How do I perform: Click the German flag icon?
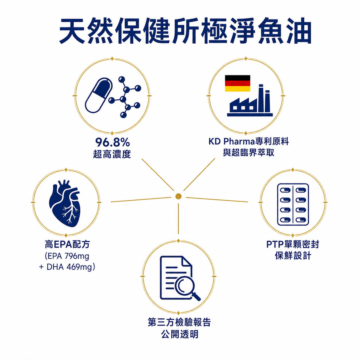click(x=237, y=83)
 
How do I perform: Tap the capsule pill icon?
click(x=99, y=96)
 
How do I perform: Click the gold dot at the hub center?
click(x=178, y=196)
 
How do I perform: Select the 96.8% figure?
click(x=113, y=143)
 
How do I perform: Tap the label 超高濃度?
click(x=112, y=154)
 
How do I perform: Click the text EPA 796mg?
click(x=68, y=256)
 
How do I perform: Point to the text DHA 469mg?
click(x=69, y=267)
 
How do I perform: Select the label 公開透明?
click(x=179, y=334)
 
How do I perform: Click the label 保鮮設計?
click(x=293, y=256)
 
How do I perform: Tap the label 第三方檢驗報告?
click(x=179, y=322)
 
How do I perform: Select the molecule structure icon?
click(x=125, y=97)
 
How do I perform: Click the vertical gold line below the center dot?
click(x=178, y=219)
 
